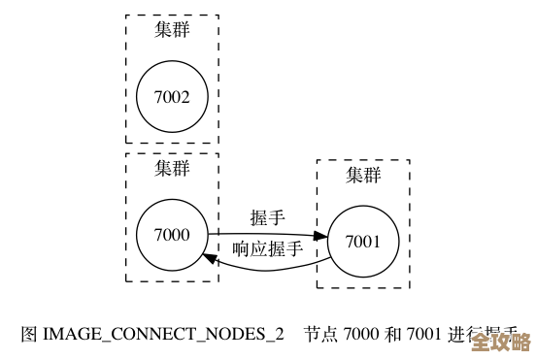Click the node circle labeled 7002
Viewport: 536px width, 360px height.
pyautogui.click(x=172, y=96)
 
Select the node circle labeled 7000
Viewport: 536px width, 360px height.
pyautogui.click(x=172, y=234)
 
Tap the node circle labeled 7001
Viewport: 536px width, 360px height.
pyautogui.click(x=363, y=242)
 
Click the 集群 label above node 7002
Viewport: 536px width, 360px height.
pyautogui.click(x=172, y=29)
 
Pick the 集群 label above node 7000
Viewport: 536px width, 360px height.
pyautogui.click(x=172, y=167)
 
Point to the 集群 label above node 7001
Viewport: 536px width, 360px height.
pyautogui.click(x=363, y=175)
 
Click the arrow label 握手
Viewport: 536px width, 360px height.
pyautogui.click(x=267, y=216)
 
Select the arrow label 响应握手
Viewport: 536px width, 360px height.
pyautogui.click(x=267, y=249)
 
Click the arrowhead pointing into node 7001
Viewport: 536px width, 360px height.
pyautogui.click(x=321, y=236)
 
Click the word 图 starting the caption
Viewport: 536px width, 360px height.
pyautogui.click(x=29, y=334)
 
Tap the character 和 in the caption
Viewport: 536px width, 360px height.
pyautogui.click(x=393, y=334)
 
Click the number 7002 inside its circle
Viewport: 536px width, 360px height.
pyautogui.click(x=172, y=96)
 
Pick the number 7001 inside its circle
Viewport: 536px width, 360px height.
pyautogui.click(x=363, y=242)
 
